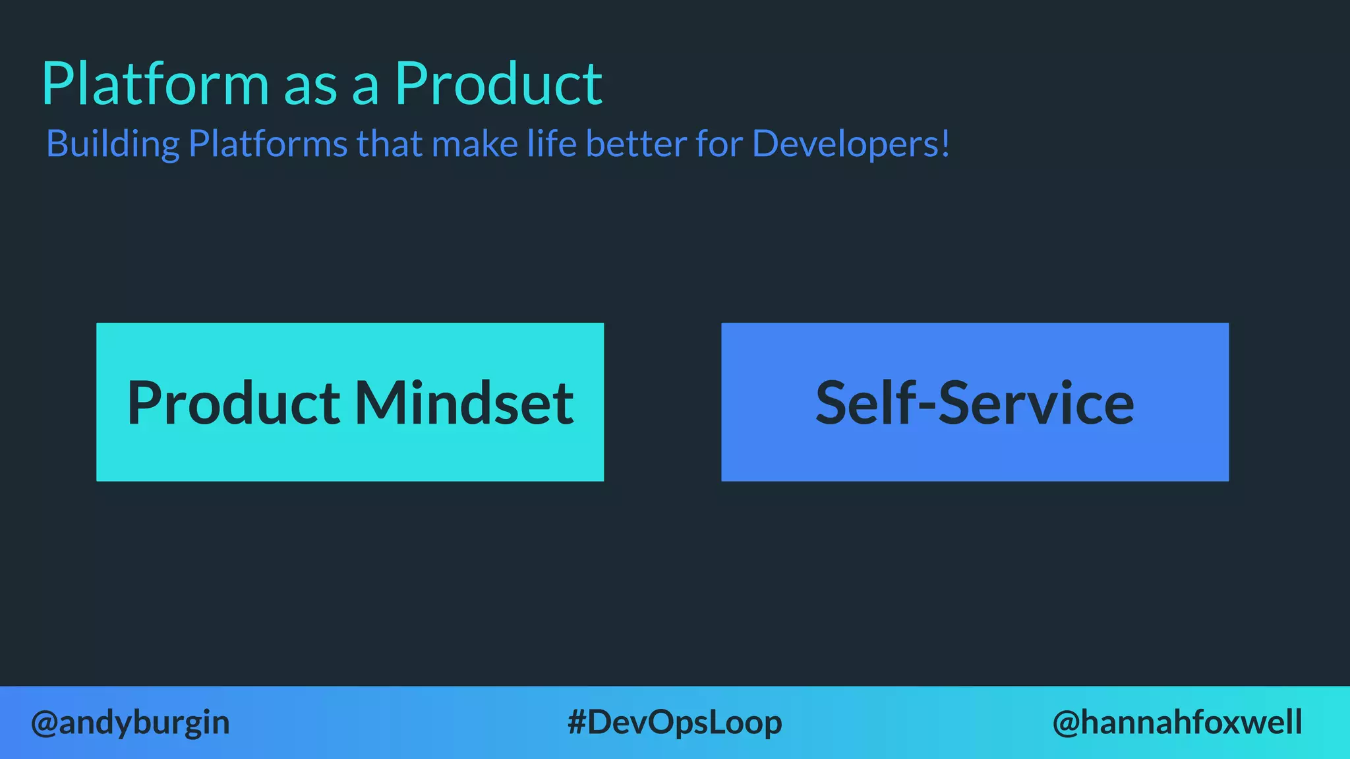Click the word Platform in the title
[x=156, y=84]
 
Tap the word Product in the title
[x=498, y=84]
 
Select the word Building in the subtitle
[x=113, y=144]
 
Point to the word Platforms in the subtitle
[x=268, y=144]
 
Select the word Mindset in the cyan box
[x=464, y=403]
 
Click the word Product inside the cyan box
[x=233, y=403]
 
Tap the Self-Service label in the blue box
[x=975, y=403]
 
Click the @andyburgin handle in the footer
[x=131, y=723]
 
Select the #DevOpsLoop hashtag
[x=674, y=723]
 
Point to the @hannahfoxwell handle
[x=1177, y=723]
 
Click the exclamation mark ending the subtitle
[x=945, y=144]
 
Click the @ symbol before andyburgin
[x=44, y=723]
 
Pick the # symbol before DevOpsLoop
[x=577, y=723]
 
